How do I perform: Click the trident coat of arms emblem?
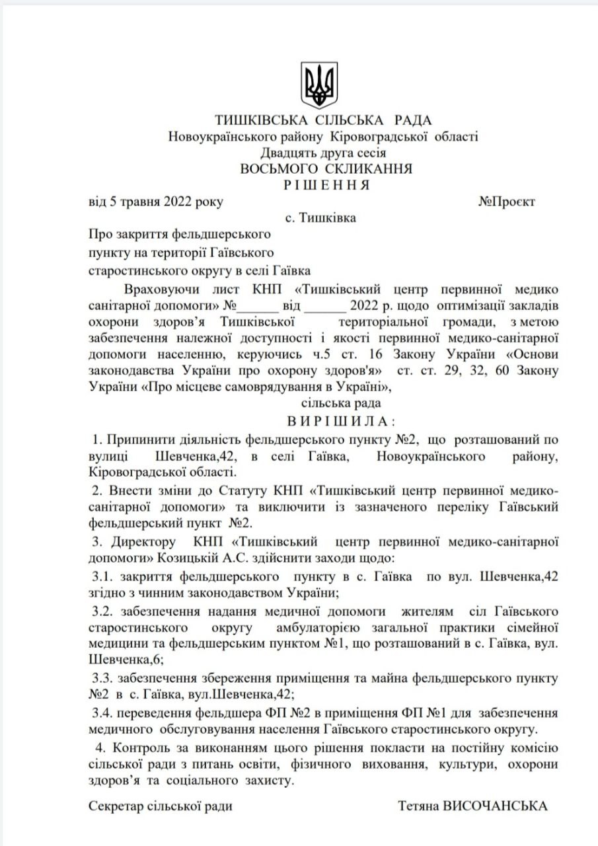[319, 85]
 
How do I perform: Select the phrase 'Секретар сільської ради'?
[161, 806]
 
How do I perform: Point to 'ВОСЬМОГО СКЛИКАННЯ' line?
[326, 169]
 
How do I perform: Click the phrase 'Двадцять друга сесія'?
[323, 153]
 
